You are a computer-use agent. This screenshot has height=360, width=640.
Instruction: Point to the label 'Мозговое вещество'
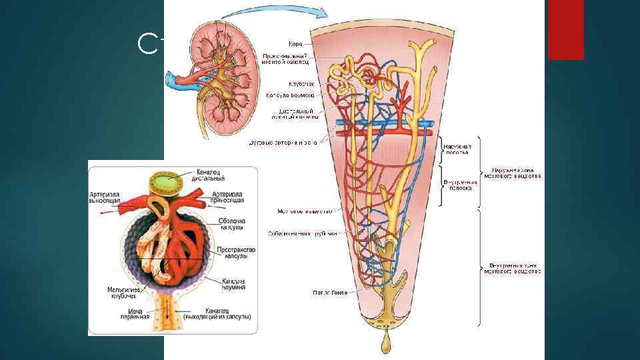pyautogui.click(x=305, y=211)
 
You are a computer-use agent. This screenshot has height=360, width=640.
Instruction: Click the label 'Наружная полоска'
pyautogui.click(x=458, y=148)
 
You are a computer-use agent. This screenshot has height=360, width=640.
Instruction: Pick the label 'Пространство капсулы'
pyautogui.click(x=232, y=253)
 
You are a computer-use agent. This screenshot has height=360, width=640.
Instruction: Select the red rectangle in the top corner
pyautogui.click(x=565, y=29)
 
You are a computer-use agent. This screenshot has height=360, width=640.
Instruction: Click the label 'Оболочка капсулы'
pyautogui.click(x=233, y=225)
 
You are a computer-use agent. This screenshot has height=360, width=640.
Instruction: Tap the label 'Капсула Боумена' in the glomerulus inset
pyautogui.click(x=234, y=284)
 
